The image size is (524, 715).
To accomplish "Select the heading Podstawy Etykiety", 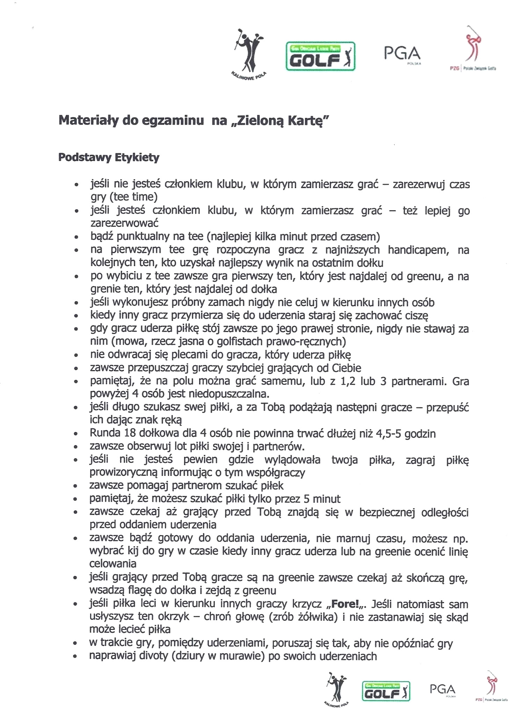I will pyautogui.click(x=109, y=157).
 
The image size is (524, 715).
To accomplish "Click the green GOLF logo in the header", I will pyautogui.click(x=320, y=57).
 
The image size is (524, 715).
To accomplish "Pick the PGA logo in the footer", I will pyautogui.click(x=443, y=690).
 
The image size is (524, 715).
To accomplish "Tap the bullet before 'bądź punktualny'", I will pyautogui.click(x=75, y=237).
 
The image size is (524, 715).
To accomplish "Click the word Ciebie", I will pyautogui.click(x=344, y=368).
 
